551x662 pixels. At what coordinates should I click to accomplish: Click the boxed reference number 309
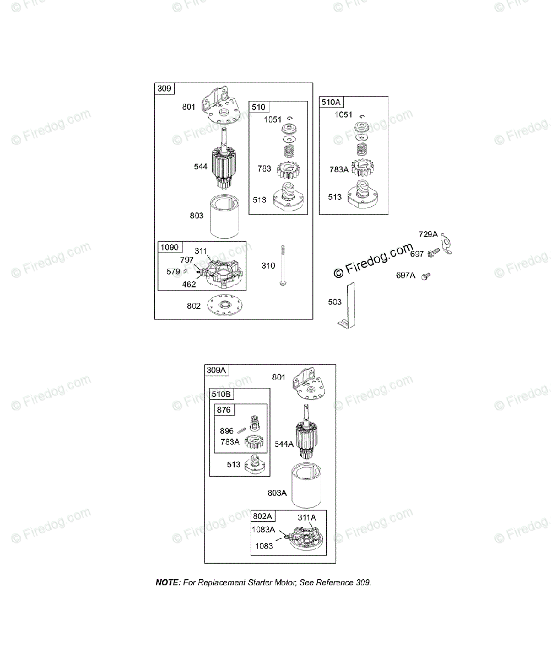pos(164,88)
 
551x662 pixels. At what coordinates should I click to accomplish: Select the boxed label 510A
pos(331,102)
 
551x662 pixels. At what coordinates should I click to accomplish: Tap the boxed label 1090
pos(170,248)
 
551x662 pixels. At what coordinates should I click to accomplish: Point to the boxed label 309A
pos(217,370)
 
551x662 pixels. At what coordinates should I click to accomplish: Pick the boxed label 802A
pos(263,516)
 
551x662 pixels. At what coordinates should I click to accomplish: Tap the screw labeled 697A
pos(425,275)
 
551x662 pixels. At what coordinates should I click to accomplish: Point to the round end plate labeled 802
pos(225,306)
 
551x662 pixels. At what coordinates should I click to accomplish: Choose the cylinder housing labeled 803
pos(226,216)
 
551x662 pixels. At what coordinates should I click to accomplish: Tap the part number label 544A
pos(285,443)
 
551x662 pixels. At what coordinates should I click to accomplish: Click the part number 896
pos(226,431)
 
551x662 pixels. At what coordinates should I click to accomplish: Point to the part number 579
pos(174,271)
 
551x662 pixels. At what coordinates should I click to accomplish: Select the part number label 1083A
pos(264,529)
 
